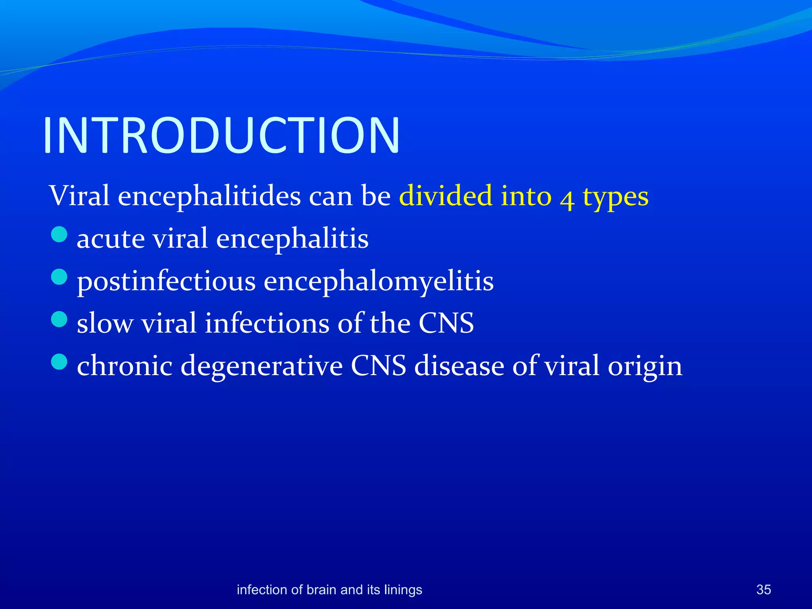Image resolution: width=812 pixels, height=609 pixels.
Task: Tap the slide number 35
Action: tap(763, 590)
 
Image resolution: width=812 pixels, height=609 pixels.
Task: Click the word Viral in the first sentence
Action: tap(79, 196)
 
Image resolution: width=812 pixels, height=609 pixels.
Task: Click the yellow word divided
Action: tap(446, 196)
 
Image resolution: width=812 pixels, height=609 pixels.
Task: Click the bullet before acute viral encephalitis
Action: tap(59, 234)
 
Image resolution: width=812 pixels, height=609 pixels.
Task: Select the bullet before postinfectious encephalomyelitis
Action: tap(59, 277)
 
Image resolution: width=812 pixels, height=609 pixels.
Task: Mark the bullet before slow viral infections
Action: tap(59, 319)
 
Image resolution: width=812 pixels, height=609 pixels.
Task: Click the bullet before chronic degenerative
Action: tap(59, 362)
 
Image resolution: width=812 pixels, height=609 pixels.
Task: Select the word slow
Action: tap(105, 324)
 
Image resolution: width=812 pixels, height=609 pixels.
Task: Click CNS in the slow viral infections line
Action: tap(446, 323)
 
